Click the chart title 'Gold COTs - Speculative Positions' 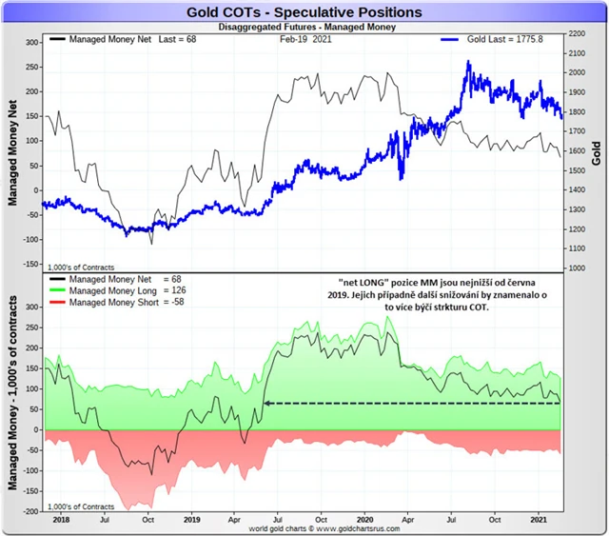click(x=304, y=11)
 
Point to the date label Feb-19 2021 click(x=306, y=40)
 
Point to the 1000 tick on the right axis click(x=577, y=268)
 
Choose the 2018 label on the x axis click(x=60, y=520)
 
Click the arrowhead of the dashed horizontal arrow click(x=267, y=404)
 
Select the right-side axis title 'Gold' click(x=597, y=152)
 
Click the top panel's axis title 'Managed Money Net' click(x=14, y=152)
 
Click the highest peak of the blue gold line click(x=468, y=63)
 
